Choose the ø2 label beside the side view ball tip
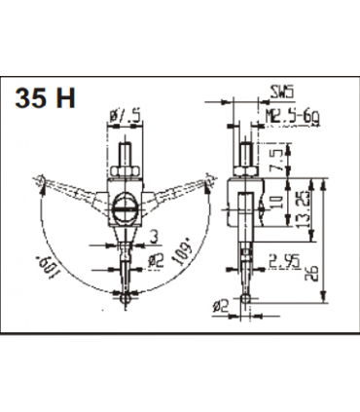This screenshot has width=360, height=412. pos(221,307)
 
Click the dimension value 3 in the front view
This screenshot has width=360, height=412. pos(154,234)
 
